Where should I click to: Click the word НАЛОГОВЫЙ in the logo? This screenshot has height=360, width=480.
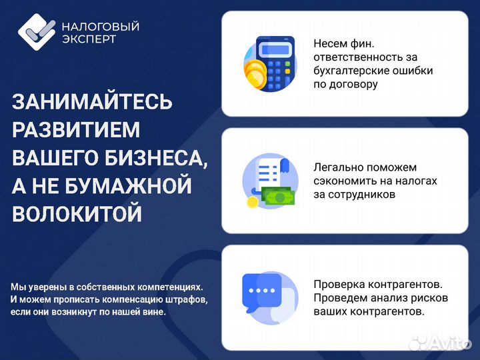point(100,27)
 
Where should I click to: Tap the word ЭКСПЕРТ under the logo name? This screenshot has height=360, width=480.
point(89,39)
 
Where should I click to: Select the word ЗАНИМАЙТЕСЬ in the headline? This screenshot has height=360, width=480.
point(93,103)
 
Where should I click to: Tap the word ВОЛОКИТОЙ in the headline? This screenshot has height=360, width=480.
point(77,214)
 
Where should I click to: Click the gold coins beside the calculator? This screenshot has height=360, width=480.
point(254,72)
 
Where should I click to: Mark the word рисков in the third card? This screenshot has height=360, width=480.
point(429,297)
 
